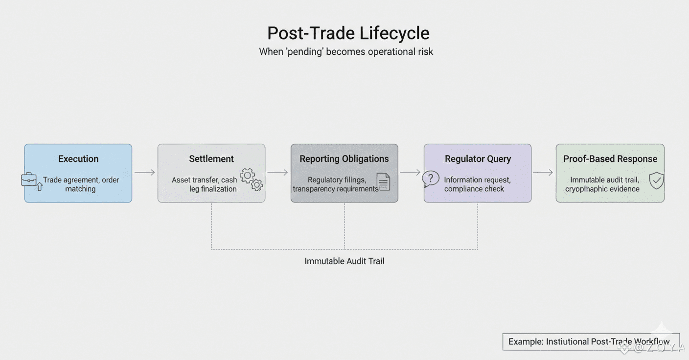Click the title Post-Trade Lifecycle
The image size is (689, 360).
tap(348, 33)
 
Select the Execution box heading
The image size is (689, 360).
tap(78, 159)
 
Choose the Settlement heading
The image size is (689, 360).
tap(211, 159)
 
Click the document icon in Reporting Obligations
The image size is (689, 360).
tap(383, 181)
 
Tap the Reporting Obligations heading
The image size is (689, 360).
tap(344, 159)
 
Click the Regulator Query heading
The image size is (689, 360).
tap(478, 159)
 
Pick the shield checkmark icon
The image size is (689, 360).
tap(656, 180)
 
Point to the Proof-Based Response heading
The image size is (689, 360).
tap(610, 159)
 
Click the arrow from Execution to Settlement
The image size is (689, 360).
tap(145, 172)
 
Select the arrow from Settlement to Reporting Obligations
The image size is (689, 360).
tap(278, 172)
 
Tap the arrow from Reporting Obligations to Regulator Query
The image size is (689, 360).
tap(411, 172)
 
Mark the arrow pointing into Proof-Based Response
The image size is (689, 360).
tap(543, 172)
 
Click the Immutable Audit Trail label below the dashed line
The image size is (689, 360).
tap(344, 261)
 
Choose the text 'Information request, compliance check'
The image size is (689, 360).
tap(477, 184)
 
